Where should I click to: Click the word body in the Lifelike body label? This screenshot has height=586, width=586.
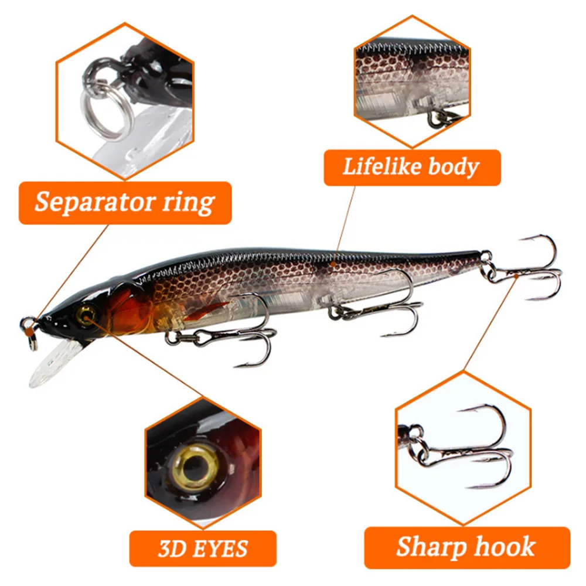pyautogui.click(x=452, y=167)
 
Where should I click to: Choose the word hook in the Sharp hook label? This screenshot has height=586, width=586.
pyautogui.click(x=506, y=547)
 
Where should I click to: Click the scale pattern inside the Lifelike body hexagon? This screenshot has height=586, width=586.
pyautogui.click(x=404, y=70)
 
